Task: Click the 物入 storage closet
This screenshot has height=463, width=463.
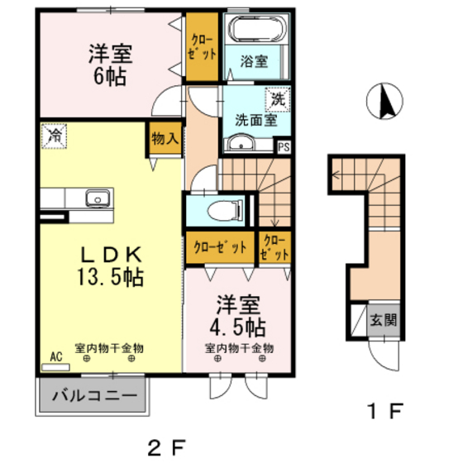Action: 165,138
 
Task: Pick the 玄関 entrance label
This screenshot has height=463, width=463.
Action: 382,319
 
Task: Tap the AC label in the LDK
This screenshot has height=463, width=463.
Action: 56,356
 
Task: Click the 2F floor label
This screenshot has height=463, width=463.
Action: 167,446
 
